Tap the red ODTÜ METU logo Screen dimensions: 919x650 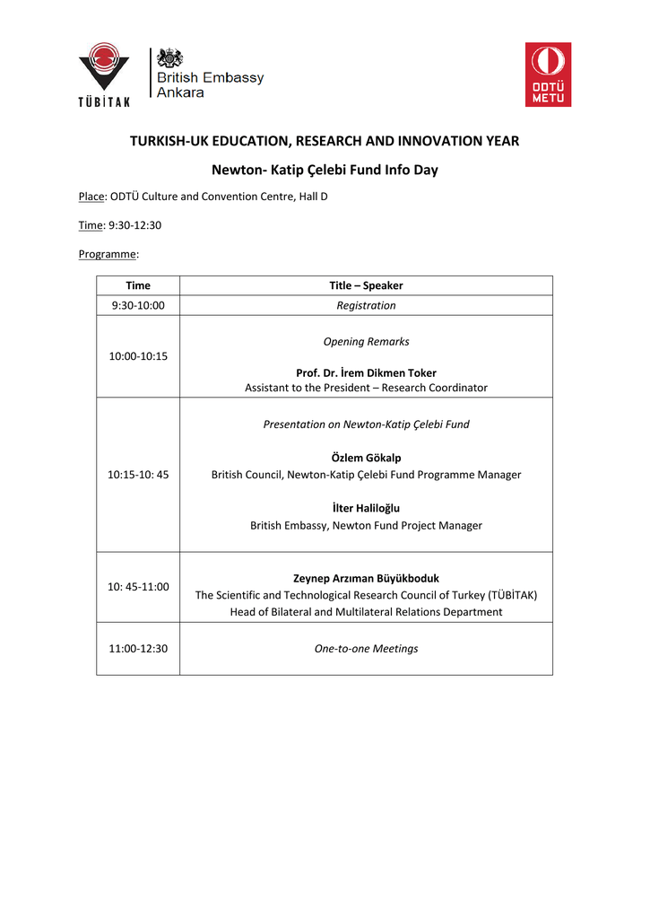(x=548, y=74)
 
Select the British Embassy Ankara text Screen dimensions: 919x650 (x=211, y=84)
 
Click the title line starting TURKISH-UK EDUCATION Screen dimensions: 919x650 (x=325, y=141)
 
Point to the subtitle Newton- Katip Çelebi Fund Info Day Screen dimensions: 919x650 (x=325, y=170)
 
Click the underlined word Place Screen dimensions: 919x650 (x=92, y=196)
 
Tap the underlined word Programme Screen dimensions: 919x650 (x=108, y=254)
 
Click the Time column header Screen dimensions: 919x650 (x=138, y=285)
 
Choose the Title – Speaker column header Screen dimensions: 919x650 (x=366, y=285)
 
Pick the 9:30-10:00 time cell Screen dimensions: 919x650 (x=138, y=305)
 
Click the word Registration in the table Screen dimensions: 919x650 (x=366, y=305)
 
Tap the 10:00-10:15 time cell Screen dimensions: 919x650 (x=138, y=356)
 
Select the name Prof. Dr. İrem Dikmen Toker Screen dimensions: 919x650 (x=366, y=372)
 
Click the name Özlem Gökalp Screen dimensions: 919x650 (x=366, y=458)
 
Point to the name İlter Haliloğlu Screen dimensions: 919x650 (x=366, y=508)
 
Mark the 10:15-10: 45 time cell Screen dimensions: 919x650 (x=138, y=475)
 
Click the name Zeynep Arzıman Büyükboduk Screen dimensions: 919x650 (x=366, y=578)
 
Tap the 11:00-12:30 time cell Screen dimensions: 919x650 (x=138, y=648)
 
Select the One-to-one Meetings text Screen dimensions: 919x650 (x=366, y=648)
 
